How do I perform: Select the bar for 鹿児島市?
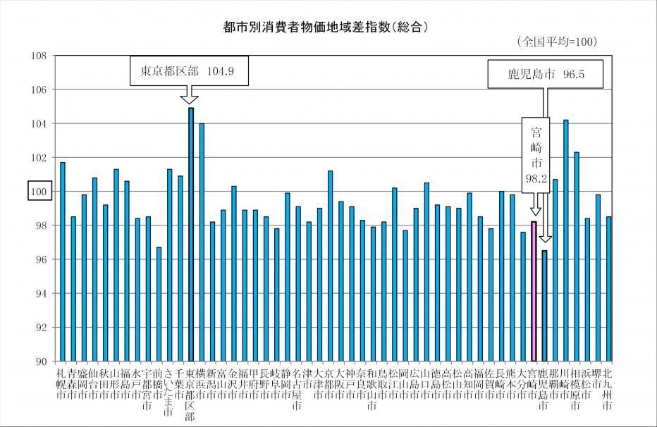(545, 306)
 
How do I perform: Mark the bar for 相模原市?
(577, 256)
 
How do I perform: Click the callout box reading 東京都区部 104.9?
(190, 71)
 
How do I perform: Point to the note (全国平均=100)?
(557, 42)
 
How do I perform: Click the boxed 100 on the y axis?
(37, 192)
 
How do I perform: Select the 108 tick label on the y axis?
(38, 56)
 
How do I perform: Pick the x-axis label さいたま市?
(169, 390)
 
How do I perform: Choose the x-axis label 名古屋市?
(298, 390)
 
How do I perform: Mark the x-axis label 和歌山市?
(373, 390)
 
